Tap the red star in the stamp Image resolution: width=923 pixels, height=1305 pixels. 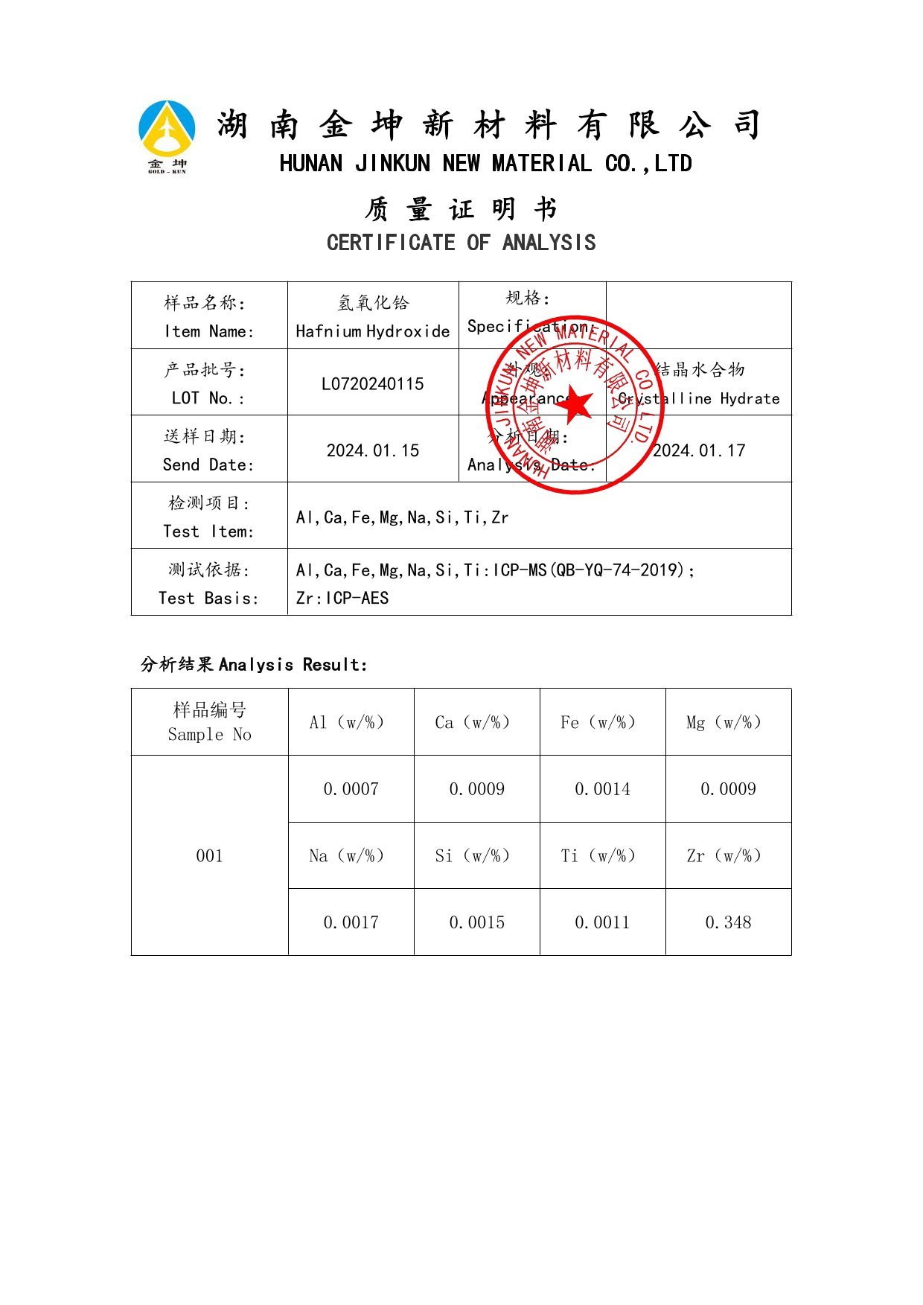click(x=574, y=403)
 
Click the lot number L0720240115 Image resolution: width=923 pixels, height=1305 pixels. click(x=372, y=384)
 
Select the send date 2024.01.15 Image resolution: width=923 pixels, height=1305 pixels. click(x=373, y=450)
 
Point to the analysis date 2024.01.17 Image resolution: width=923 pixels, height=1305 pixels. click(x=698, y=450)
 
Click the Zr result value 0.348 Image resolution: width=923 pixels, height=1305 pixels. click(x=728, y=922)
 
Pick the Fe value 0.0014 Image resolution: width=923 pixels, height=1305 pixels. click(x=602, y=789)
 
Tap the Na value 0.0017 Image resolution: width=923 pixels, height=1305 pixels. click(x=351, y=922)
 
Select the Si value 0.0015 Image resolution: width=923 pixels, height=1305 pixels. click(x=476, y=922)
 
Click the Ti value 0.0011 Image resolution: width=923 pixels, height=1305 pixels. click(x=602, y=922)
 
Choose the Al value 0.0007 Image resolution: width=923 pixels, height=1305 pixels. click(x=351, y=789)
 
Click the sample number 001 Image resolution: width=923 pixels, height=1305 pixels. click(x=209, y=856)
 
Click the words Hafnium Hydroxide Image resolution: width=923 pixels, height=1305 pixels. click(x=372, y=331)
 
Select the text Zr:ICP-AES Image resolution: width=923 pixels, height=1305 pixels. click(x=342, y=599)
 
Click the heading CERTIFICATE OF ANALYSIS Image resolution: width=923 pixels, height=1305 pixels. click(x=461, y=243)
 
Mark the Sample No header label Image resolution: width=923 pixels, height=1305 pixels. click(x=209, y=735)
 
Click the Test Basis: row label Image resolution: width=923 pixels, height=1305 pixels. click(x=208, y=599)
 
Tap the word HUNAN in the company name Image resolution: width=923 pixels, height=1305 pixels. click(x=311, y=164)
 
